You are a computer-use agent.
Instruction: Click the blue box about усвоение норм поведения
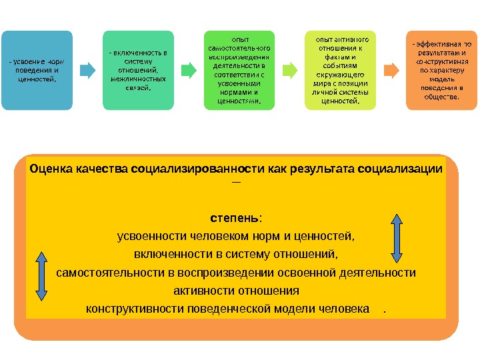(37, 70)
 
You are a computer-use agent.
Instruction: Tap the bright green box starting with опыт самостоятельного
(239, 70)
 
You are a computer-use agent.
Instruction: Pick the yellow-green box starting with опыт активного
(340, 70)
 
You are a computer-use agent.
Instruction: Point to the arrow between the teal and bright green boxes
(187, 69)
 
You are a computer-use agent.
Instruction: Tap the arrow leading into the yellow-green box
(289, 69)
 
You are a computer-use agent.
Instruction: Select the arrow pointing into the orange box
(391, 69)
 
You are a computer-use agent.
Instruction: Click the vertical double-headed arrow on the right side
(396, 237)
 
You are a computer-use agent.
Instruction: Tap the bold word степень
(236, 218)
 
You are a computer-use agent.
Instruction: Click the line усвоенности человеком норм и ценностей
(236, 236)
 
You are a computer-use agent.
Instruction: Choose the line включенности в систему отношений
(236, 254)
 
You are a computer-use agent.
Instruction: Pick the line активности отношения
(236, 291)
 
